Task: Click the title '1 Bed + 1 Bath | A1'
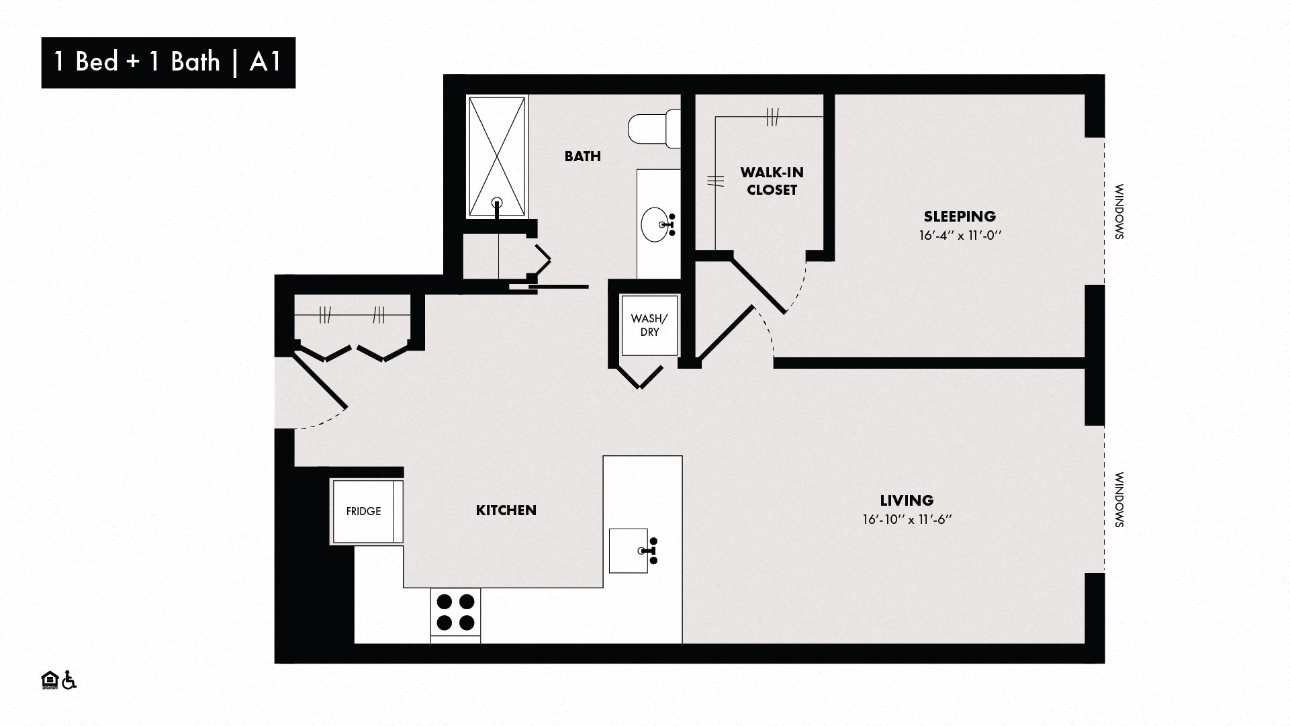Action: click(x=167, y=62)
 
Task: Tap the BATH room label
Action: click(x=582, y=156)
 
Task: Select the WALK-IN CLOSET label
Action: click(x=772, y=181)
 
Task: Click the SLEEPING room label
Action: click(x=959, y=216)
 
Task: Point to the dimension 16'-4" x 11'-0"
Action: click(x=959, y=236)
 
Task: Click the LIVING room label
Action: click(x=907, y=500)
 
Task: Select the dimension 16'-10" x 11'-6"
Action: click(x=907, y=520)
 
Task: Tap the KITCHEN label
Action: click(x=506, y=510)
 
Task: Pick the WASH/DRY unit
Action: click(x=649, y=326)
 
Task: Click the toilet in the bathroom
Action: click(x=654, y=130)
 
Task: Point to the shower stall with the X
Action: click(x=497, y=156)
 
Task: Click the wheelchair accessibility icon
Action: click(x=69, y=680)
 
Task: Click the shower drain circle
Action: click(x=497, y=201)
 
